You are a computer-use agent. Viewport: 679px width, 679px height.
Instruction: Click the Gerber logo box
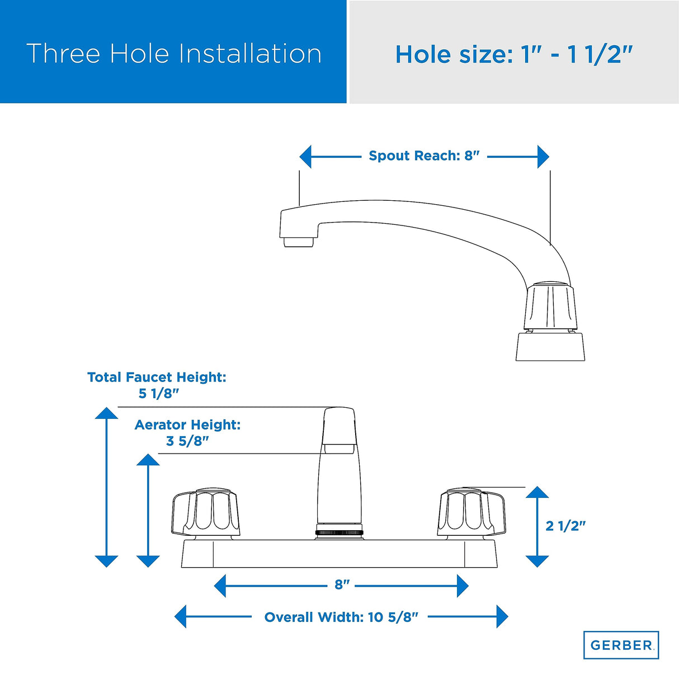621,645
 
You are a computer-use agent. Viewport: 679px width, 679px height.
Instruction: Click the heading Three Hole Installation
174,54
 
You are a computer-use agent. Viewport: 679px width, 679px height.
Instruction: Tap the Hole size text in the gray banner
513,54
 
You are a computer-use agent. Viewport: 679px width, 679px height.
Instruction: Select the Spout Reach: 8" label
424,156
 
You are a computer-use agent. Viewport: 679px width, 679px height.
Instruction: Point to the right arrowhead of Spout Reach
543,157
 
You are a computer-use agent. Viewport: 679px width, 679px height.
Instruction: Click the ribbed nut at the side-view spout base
550,307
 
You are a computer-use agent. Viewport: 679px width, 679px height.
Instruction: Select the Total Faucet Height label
157,377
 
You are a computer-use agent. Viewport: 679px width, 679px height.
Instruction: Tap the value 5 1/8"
158,393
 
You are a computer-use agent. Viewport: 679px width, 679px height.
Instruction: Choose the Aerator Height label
187,425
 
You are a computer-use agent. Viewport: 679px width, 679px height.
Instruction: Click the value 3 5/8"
187,441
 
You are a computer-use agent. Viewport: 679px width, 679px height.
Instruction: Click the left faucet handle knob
205,511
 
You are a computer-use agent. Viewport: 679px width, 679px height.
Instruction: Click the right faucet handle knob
471,511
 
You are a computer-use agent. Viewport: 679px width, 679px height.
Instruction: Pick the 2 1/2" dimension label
565,526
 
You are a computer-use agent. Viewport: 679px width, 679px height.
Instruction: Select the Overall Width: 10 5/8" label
341,617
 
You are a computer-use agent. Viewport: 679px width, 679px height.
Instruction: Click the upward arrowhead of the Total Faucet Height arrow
106,413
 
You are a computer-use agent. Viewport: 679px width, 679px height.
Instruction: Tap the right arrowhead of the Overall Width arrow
502,617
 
